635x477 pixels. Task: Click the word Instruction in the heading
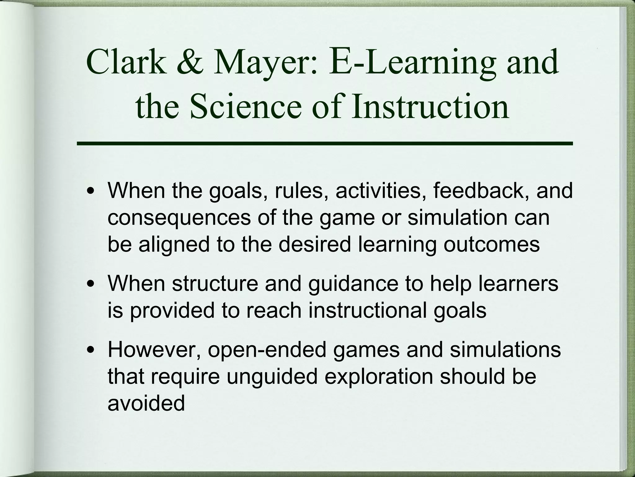click(x=430, y=106)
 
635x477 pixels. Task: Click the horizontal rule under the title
click(x=325, y=143)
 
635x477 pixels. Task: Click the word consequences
click(x=179, y=217)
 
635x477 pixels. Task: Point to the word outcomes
click(x=492, y=245)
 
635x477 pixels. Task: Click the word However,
click(x=155, y=350)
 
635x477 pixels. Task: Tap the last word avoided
click(x=146, y=403)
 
